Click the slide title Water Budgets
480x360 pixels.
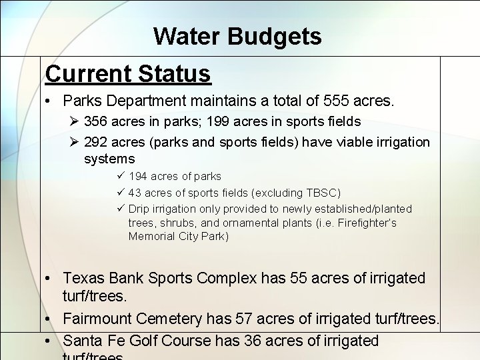click(237, 36)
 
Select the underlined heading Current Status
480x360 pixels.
click(128, 73)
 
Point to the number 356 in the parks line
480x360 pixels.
click(97, 122)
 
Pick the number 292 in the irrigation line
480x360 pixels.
click(97, 142)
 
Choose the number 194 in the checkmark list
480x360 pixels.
click(138, 177)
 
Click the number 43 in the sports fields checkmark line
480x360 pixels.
click(134, 193)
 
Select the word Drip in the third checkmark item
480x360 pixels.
click(138, 209)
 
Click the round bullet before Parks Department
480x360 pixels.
click(50, 102)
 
